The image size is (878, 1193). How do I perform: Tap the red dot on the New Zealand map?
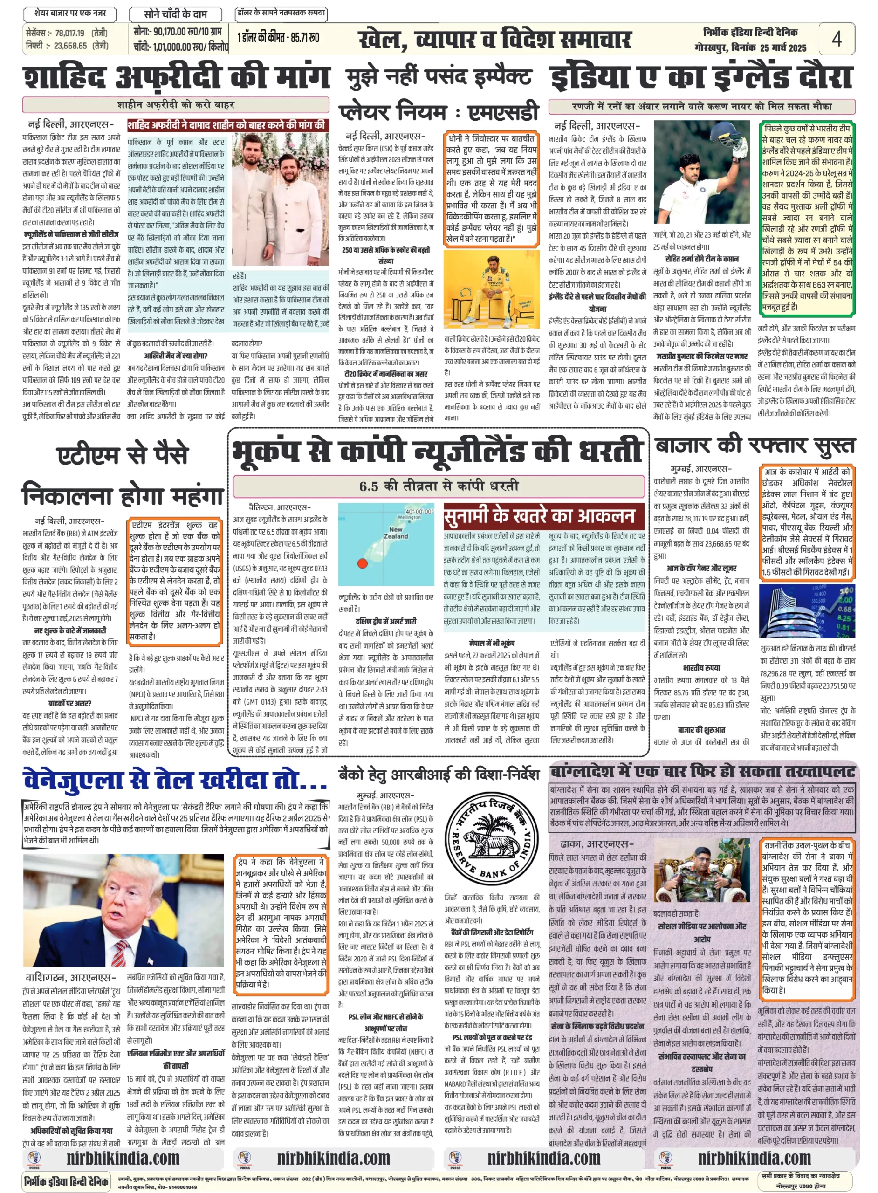(x=363, y=563)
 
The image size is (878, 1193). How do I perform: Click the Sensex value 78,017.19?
(x=69, y=33)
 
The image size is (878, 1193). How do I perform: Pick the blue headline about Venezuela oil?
(x=175, y=780)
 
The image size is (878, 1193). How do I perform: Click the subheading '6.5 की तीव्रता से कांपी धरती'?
(x=439, y=486)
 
